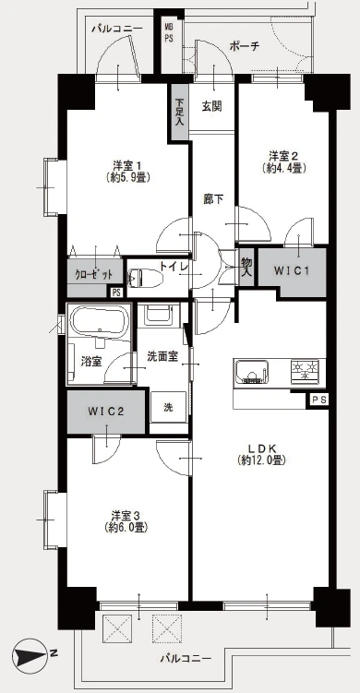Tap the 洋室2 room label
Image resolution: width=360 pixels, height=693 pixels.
click(284, 156)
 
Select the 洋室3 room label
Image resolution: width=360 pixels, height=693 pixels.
click(126, 515)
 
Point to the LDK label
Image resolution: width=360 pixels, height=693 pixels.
click(261, 448)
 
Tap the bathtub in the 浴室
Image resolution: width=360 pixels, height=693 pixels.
click(100, 321)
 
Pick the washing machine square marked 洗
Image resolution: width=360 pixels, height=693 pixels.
click(169, 408)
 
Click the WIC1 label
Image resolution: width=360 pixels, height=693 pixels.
click(291, 270)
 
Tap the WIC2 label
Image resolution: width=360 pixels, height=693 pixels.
click(105, 411)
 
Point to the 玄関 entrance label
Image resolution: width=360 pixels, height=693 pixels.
click(211, 106)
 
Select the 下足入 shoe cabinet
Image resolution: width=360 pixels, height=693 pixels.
click(180, 113)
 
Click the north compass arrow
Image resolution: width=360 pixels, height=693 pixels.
click(30, 653)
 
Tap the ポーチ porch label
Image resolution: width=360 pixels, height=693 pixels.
click(244, 46)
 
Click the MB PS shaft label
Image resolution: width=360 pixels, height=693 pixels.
click(169, 33)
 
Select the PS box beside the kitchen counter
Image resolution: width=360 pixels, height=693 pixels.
click(318, 400)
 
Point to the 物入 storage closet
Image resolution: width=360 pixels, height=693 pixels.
click(246, 268)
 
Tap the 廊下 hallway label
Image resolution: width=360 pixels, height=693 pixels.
click(213, 200)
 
